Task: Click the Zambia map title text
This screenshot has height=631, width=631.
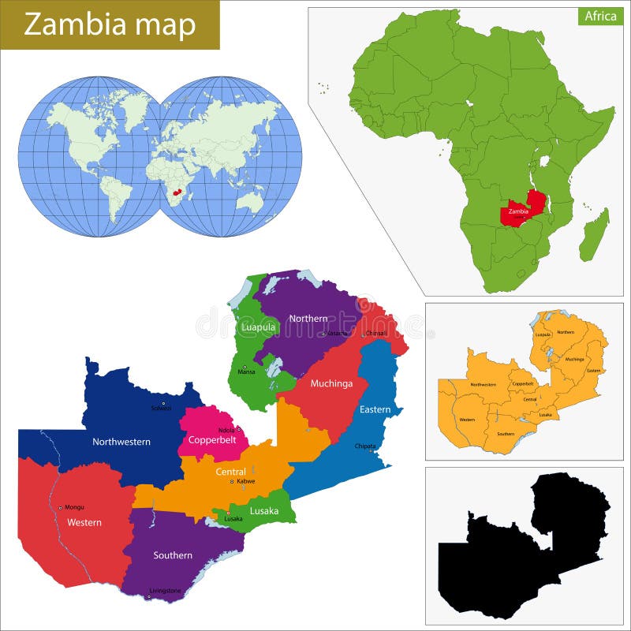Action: pyautogui.click(x=110, y=25)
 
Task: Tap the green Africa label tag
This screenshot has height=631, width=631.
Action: pyautogui.click(x=600, y=16)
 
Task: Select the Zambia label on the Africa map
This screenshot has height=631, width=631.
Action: pyautogui.click(x=518, y=211)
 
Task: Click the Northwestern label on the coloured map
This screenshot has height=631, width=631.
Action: pyautogui.click(x=121, y=442)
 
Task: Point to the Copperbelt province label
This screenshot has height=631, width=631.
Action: pyautogui.click(x=208, y=439)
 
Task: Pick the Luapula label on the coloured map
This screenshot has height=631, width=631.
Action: pyautogui.click(x=258, y=327)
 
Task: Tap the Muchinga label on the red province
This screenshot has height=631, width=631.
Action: pyautogui.click(x=331, y=384)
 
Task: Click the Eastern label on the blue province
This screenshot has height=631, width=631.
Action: pyautogui.click(x=375, y=409)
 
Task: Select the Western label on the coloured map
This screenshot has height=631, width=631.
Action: pyautogui.click(x=84, y=522)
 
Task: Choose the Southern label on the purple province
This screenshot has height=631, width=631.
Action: pyautogui.click(x=173, y=555)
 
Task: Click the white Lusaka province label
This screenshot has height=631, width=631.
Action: pyautogui.click(x=264, y=510)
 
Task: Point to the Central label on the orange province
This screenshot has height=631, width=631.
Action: pyautogui.click(x=230, y=472)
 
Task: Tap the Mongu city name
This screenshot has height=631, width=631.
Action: pyautogui.click(x=74, y=507)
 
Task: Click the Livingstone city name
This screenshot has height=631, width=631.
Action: pyautogui.click(x=165, y=590)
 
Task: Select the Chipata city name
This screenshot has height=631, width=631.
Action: pyautogui.click(x=365, y=446)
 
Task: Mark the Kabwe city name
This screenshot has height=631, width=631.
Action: pyautogui.click(x=245, y=480)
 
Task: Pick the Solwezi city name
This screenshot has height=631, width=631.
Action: pyautogui.click(x=161, y=408)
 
